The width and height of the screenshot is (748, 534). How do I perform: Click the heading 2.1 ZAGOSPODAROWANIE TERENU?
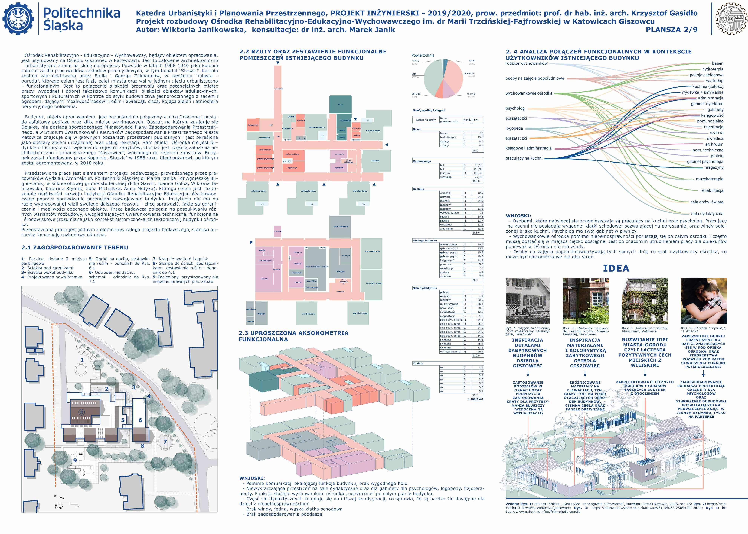pos(75,247)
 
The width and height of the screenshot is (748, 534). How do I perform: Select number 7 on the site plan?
pos(165,442)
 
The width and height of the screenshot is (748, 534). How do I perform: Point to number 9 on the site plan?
pos(75,460)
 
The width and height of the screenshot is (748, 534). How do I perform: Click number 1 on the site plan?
pos(82,360)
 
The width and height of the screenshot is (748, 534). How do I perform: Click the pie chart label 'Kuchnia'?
pos(471,94)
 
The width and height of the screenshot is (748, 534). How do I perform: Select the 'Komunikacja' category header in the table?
pos(422,161)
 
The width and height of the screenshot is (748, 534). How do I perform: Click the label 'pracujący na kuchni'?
pos(524,158)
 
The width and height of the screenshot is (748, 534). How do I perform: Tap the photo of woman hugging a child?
pos(704,301)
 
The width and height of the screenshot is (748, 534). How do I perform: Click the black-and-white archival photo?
pos(528,301)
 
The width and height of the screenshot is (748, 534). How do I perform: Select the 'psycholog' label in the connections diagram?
pos(515,108)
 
